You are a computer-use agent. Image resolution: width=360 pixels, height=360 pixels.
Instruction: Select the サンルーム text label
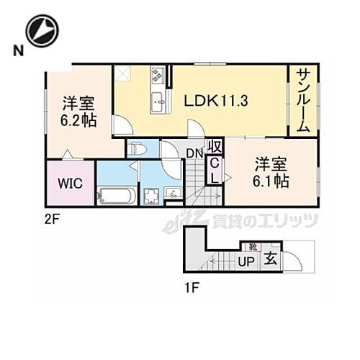pos(302,101)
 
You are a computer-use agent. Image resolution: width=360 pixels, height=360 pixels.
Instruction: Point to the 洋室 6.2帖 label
pos(78,111)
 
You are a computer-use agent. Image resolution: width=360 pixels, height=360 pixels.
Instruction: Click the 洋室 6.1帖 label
pos(271,172)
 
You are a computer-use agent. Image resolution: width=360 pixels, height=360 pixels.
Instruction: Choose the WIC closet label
pos(70,183)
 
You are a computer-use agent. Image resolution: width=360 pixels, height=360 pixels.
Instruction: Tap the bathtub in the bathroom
pos(115,194)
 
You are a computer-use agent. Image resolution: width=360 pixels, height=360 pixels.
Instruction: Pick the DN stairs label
pos(194,153)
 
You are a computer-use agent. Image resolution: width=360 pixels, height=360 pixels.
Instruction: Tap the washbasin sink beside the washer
pos(174,193)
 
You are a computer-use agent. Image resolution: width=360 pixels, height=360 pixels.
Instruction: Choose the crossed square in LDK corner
pos(123,73)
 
